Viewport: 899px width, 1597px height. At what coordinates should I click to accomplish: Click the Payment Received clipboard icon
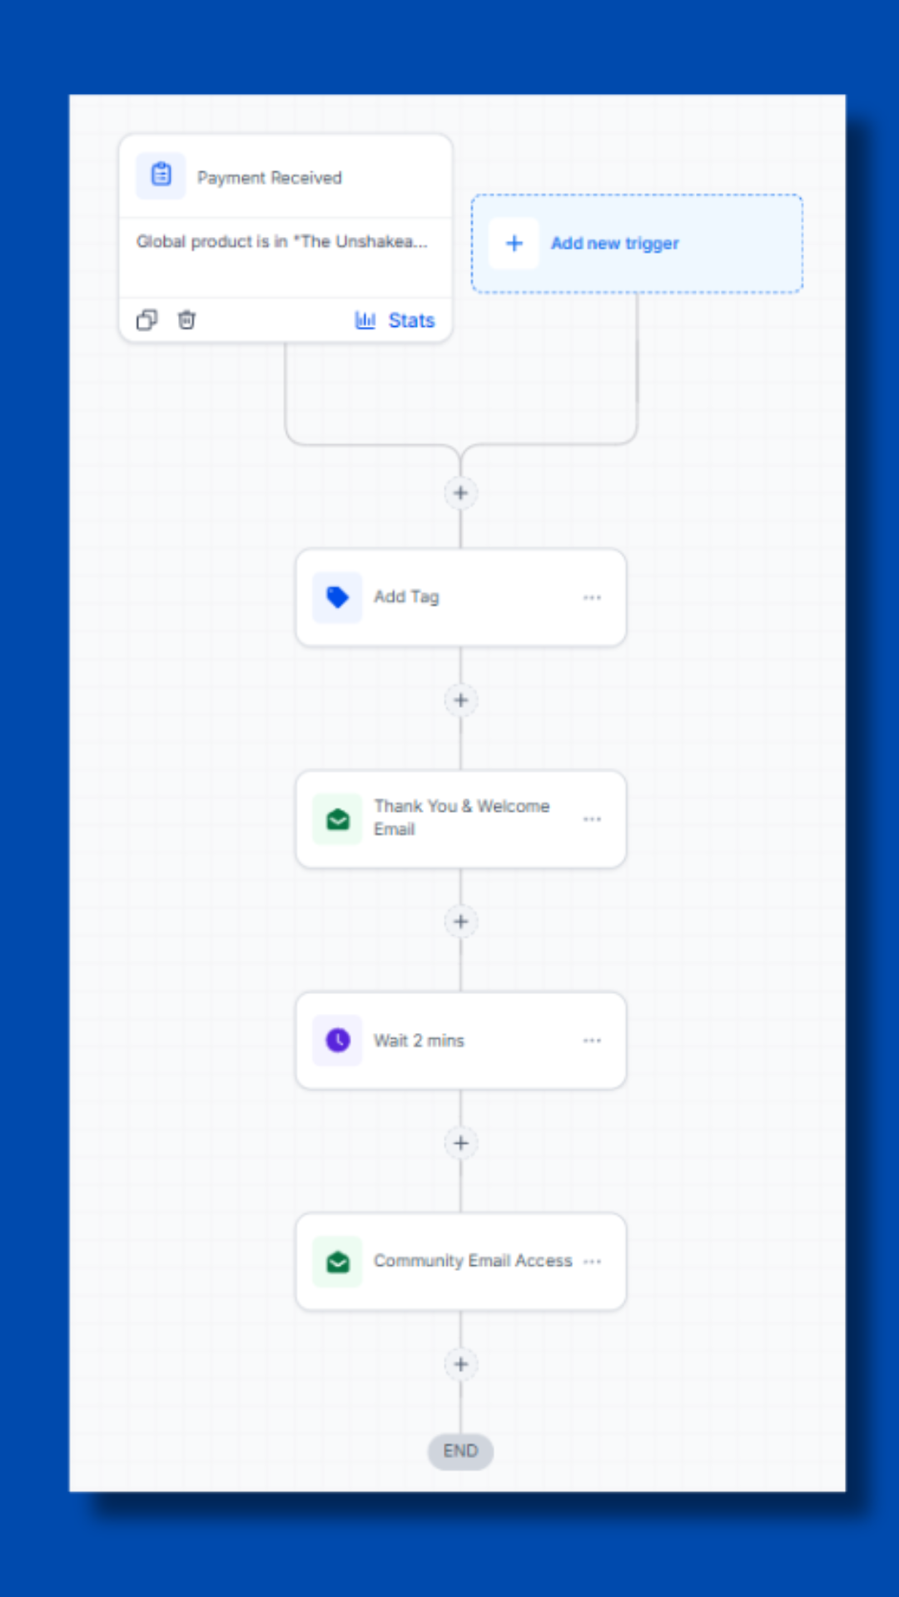(161, 176)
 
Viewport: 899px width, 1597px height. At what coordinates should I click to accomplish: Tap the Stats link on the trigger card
(395, 320)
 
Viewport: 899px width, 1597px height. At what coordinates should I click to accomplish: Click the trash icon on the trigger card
(186, 320)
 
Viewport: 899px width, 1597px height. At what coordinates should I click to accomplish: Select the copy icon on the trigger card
(147, 320)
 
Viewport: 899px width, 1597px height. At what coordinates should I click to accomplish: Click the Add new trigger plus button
(514, 243)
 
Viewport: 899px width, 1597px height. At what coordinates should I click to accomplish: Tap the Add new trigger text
(615, 244)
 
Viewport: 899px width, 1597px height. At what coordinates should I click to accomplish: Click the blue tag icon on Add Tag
(337, 597)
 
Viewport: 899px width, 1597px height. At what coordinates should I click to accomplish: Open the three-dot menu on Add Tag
(592, 597)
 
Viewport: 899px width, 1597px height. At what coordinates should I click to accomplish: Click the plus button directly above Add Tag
(460, 493)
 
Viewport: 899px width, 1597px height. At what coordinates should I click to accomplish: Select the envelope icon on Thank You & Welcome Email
(337, 819)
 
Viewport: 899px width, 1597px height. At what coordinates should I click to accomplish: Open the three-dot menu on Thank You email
(592, 819)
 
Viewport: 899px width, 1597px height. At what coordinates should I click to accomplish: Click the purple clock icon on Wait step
(337, 1041)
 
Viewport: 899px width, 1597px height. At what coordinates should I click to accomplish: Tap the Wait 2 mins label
(419, 1041)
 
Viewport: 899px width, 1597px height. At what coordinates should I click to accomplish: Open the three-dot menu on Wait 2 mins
(592, 1041)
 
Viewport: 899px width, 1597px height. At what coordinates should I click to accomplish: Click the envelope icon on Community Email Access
(337, 1262)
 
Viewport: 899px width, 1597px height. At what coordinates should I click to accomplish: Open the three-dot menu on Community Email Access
(592, 1262)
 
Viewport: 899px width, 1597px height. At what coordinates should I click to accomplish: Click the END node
(460, 1451)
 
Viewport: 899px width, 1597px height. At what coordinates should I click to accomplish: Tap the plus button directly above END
(461, 1364)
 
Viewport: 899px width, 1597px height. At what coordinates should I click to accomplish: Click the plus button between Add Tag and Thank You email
(461, 700)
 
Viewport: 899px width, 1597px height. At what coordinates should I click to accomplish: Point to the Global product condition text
(281, 242)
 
